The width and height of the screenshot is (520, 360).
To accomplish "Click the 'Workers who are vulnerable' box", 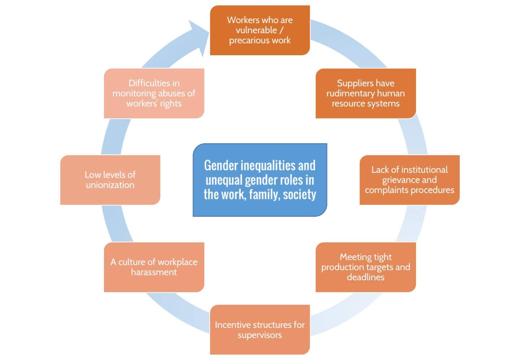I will (x=260, y=30).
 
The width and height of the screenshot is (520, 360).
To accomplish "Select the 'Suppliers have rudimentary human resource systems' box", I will (x=365, y=93).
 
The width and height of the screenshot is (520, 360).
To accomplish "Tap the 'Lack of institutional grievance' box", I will (x=409, y=180).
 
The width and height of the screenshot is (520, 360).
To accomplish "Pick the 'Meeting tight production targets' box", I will (x=365, y=267).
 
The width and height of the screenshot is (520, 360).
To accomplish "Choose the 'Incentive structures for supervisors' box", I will (x=260, y=330).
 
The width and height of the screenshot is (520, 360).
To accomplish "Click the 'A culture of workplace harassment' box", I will (x=154, y=267).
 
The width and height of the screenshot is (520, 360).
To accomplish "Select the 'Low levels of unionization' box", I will (x=110, y=180).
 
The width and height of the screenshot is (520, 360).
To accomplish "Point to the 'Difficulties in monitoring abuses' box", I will (x=154, y=93).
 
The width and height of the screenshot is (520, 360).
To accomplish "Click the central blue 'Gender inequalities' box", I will (x=260, y=180).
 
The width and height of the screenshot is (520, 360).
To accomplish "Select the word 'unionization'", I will (x=110, y=185).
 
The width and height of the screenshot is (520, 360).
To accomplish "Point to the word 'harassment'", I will (x=154, y=272).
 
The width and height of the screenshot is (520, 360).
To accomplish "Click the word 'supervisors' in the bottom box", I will (x=260, y=335).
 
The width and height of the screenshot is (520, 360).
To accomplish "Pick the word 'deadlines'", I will (x=365, y=277).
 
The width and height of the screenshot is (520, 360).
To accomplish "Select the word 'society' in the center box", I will (x=299, y=195).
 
